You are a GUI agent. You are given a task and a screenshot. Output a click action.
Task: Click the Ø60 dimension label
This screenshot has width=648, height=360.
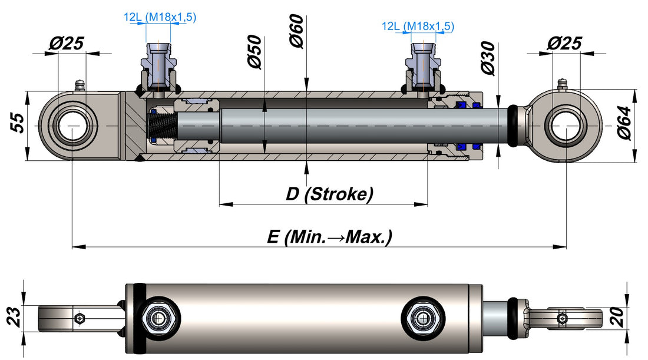pos(297,31)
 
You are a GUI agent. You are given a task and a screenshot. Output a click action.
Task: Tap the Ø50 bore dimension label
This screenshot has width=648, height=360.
pos(255,52)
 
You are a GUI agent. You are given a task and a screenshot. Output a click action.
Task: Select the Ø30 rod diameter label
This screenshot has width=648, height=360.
pos(488,58)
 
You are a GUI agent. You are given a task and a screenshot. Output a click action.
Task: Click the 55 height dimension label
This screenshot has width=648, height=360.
pos(17,123)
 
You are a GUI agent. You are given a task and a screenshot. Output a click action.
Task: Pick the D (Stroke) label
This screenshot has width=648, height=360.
pos(329,194)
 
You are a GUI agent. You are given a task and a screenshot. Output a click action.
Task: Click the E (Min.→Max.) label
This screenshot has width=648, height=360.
pos(329,237)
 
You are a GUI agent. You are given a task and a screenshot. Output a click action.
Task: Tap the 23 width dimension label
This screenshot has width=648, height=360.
pos(15,316)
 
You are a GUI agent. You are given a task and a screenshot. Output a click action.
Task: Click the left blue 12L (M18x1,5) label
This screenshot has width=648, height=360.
pos(160,17)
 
